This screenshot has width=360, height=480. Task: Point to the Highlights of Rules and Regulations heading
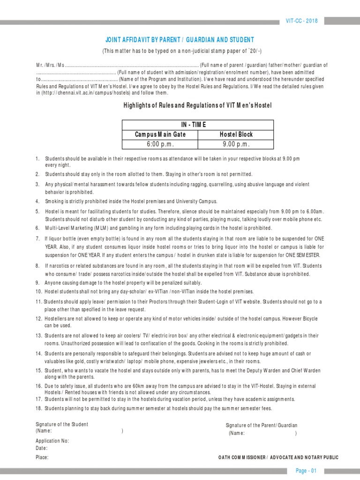pyautogui.click(x=197, y=105)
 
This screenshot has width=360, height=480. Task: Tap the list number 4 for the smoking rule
pyautogui.click(x=37, y=201)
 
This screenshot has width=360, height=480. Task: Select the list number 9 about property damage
pyautogui.click(x=37, y=283)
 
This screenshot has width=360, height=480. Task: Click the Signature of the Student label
pyautogui.click(x=62, y=424)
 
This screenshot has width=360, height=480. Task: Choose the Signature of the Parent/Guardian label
pyautogui.click(x=262, y=425)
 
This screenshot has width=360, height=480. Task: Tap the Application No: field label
pyautogui.click(x=52, y=441)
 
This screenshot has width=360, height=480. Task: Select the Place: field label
pyautogui.click(x=42, y=457)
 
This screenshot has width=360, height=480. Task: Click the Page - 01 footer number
pyautogui.click(x=306, y=471)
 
